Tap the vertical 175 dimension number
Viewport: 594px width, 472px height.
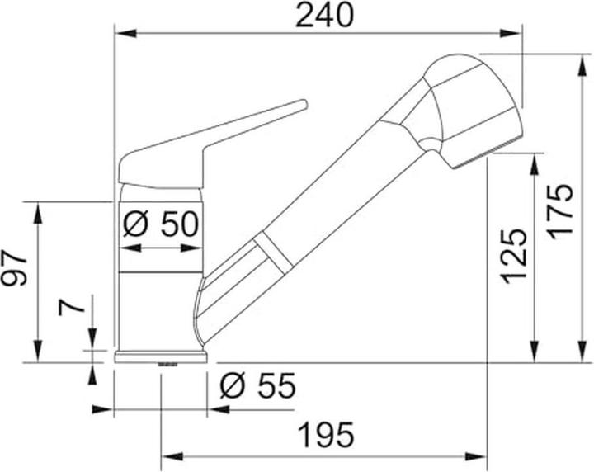(560, 211)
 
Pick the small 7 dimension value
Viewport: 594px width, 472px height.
(72, 309)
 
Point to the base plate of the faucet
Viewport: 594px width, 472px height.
(161, 356)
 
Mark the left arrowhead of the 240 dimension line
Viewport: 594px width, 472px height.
(119, 33)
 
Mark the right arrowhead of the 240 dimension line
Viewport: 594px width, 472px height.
(518, 33)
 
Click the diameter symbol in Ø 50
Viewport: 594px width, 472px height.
(135, 223)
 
